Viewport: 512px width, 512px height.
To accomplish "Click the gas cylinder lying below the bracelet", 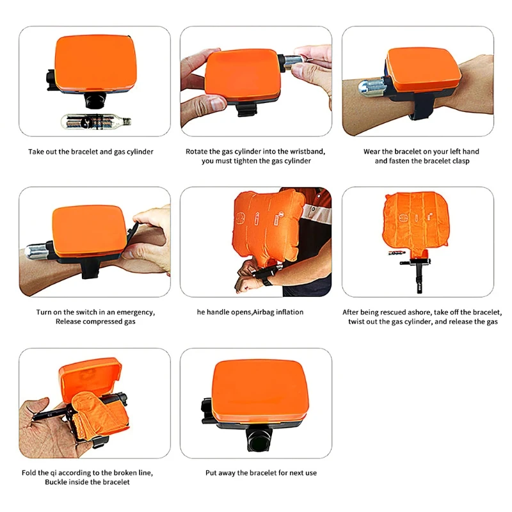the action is (x=96, y=122).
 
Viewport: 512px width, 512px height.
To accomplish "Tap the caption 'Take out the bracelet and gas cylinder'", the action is (x=91, y=152).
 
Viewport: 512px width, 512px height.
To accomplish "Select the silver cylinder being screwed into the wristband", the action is (x=292, y=62).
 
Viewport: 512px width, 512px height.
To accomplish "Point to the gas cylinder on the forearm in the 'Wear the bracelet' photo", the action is (x=372, y=87).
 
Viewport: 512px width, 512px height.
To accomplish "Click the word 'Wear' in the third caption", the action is (x=372, y=152).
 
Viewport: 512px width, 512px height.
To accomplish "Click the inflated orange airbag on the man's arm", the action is (x=268, y=225).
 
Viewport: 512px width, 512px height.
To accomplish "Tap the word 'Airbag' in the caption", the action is (x=264, y=312).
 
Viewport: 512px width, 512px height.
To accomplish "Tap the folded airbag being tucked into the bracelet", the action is (x=100, y=413).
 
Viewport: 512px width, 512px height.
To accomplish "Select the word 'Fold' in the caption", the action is (x=29, y=473).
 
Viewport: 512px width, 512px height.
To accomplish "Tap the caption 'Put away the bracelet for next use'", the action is (x=261, y=473).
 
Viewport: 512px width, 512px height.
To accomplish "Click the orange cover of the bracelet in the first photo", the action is (x=95, y=62).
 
